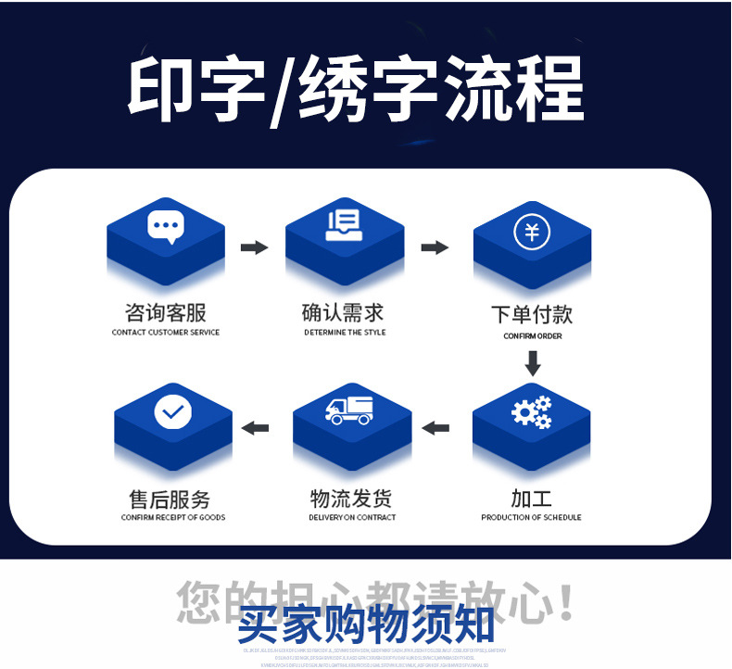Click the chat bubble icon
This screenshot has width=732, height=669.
[x=166, y=225]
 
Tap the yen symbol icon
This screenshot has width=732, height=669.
[x=532, y=231]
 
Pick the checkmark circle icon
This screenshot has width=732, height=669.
[x=172, y=410]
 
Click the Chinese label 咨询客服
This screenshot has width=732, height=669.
[x=166, y=312]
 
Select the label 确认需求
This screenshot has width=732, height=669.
[x=343, y=312]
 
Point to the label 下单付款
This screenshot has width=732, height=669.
[x=532, y=315]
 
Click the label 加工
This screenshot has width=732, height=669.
[x=531, y=498]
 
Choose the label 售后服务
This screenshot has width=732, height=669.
[x=172, y=499]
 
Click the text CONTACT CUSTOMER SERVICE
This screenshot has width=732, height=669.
[x=166, y=333]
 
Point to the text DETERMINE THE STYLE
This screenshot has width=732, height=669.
[x=345, y=332]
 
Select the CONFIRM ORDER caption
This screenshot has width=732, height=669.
[x=533, y=336]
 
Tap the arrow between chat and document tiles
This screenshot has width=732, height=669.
[x=254, y=247]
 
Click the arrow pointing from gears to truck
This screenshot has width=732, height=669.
[x=435, y=427]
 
